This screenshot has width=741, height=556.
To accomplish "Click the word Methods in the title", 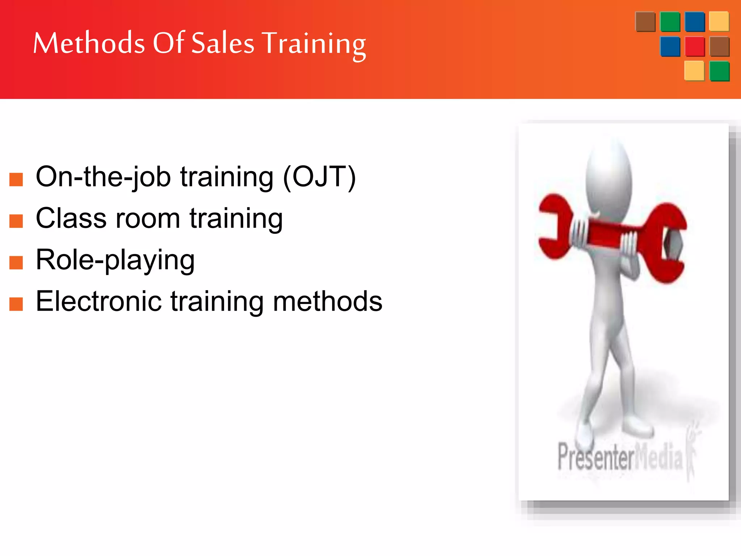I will pos(89,43).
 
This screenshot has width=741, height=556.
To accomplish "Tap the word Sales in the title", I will pos(223,43).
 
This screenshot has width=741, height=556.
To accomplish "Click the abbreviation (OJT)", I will pos(319,177).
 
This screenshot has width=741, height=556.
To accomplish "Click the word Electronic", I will pos(98,302).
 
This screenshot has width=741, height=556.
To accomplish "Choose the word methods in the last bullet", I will pos(327,302).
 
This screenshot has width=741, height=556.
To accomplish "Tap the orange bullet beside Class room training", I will pos(16,221).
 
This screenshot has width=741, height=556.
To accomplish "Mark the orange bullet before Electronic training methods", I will pos(16,304).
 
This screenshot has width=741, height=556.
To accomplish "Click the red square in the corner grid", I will pos(695,46).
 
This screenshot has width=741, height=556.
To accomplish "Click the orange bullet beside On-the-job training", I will pos(16,179).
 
